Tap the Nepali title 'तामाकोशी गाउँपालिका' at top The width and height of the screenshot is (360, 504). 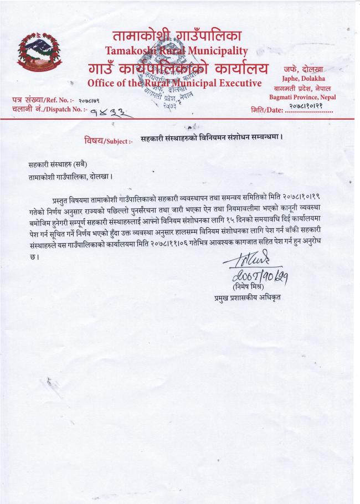pos(177,36)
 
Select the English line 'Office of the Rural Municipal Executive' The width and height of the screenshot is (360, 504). pos(174,83)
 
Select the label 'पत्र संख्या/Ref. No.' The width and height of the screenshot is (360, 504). pos(39,100)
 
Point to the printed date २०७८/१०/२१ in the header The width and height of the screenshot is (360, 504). pos(313,106)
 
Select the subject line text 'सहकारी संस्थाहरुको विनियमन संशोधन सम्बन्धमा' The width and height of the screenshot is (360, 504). pos(212,140)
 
